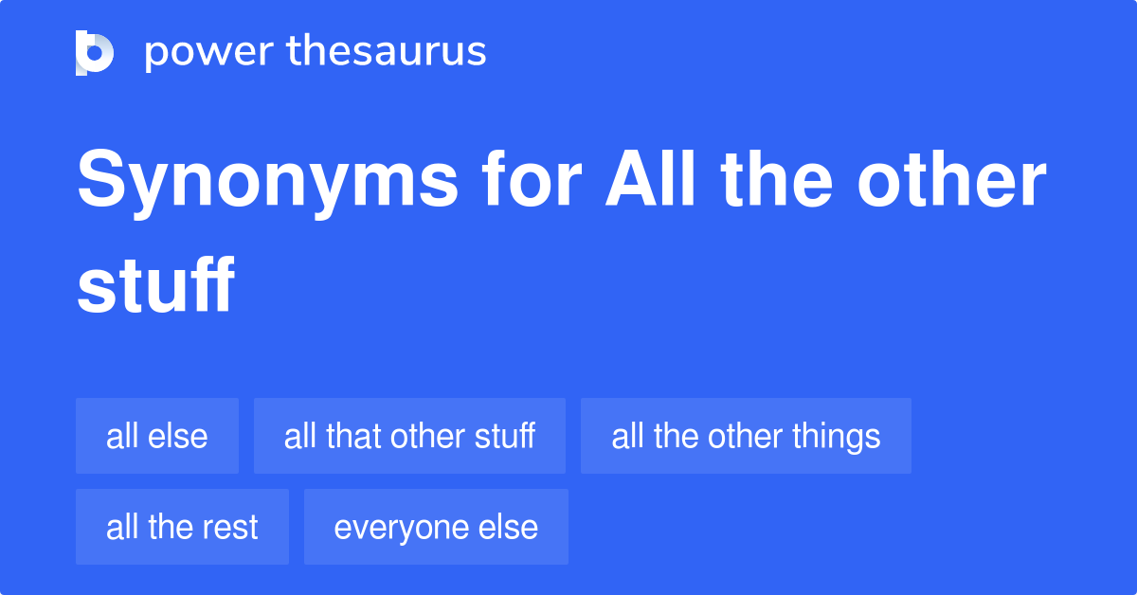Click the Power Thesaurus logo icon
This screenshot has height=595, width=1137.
coord(95,52)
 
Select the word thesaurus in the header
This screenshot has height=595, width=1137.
coord(387,52)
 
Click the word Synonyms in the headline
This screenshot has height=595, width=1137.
coord(266,182)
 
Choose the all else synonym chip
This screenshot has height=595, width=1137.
coord(157,436)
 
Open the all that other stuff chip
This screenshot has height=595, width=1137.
coord(409,436)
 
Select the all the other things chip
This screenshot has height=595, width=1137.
coord(746,436)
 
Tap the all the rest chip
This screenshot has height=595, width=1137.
coord(182,527)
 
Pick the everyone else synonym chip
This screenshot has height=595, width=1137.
coord(436,527)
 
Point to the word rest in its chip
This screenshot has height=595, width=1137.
coord(230,528)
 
